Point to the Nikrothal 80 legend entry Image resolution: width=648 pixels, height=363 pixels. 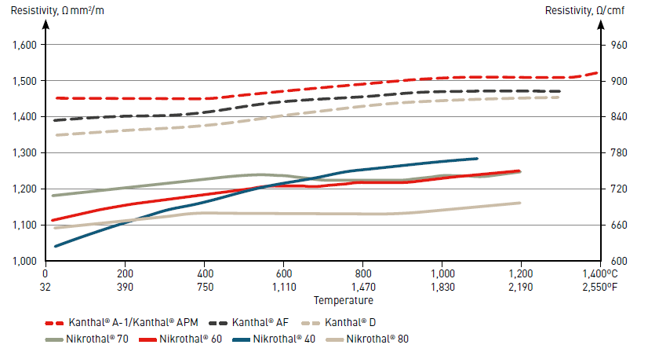[378, 339]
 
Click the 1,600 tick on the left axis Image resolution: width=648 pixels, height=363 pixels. [26, 45]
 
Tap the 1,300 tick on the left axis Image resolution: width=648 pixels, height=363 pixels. [26, 152]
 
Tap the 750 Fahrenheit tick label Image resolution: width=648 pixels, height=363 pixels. [204, 288]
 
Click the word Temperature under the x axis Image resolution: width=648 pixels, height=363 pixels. [344, 300]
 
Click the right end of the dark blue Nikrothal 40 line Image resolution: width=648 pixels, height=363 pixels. [476, 159]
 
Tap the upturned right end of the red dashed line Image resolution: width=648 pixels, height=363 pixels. [595, 73]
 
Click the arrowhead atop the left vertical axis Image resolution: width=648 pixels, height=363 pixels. [46, 22]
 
